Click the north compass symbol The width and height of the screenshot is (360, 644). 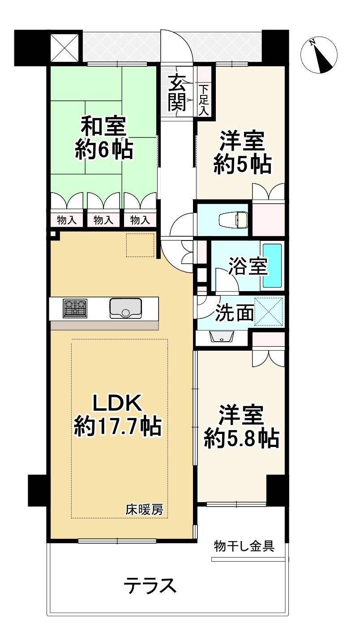[319, 55]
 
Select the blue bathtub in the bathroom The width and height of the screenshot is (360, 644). [272, 266]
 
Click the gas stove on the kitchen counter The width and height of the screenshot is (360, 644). [75, 309]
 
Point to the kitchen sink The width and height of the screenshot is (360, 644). [126, 309]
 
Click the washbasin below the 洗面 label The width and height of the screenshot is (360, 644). [221, 336]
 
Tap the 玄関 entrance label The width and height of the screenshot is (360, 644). [177, 94]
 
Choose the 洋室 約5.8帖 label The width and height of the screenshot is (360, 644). [241, 426]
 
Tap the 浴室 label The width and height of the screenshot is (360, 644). [248, 266]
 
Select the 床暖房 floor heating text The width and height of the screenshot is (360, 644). [144, 510]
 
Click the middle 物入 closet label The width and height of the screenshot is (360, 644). [103, 220]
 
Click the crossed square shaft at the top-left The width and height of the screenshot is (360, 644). [64, 47]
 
